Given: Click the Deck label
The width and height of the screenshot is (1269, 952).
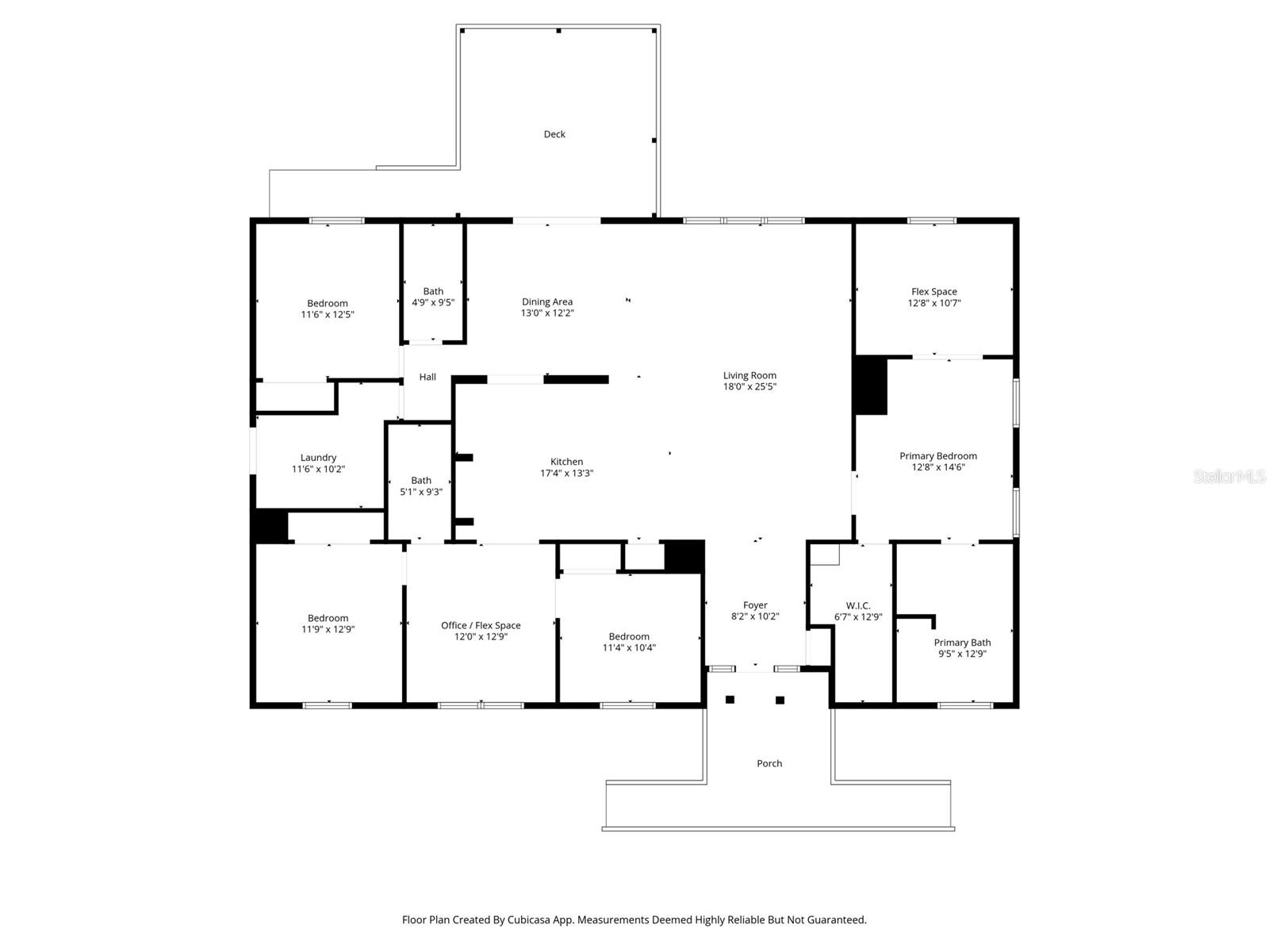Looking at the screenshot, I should (554, 134).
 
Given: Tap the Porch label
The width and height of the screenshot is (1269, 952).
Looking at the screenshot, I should (769, 763).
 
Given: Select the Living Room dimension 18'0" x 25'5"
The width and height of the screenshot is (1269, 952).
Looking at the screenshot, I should (749, 387).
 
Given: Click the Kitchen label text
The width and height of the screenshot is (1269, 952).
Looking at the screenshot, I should (566, 462).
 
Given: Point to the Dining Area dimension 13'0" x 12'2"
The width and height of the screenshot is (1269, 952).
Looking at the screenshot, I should (547, 313).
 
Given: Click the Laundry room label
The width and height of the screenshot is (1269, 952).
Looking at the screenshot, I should (318, 458).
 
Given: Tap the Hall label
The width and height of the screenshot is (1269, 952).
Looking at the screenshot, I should (427, 377).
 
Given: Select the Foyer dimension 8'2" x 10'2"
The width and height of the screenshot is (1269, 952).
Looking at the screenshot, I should (755, 616).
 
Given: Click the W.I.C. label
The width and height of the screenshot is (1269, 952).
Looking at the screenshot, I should (858, 605).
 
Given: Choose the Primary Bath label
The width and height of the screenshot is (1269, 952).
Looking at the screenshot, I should (962, 643).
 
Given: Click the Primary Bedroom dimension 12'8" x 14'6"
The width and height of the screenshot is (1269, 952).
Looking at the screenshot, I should (937, 467).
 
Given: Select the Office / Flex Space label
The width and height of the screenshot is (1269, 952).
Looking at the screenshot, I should (481, 625).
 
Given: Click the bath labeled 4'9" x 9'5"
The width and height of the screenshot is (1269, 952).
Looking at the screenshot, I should (433, 297).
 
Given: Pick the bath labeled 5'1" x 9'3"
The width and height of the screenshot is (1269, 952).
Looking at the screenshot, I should (421, 486).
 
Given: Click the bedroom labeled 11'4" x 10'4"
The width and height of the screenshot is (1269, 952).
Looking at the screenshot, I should (629, 642).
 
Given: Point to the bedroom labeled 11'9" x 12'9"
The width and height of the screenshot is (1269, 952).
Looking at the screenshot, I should (328, 624).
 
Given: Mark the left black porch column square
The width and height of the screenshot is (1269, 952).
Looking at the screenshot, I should (730, 700).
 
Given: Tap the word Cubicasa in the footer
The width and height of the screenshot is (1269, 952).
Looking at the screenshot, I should (531, 920).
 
